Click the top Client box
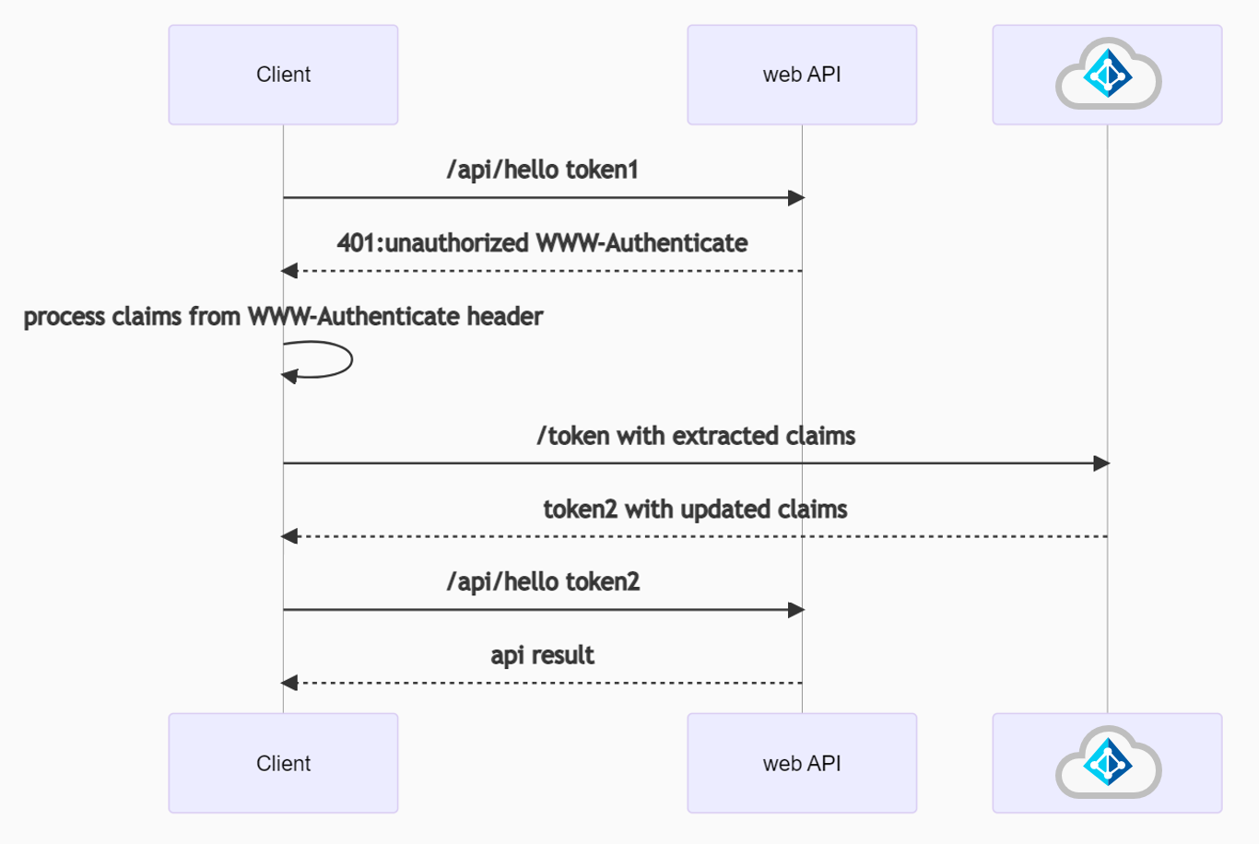coord(283,75)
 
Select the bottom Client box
coord(283,763)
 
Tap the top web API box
coord(802,75)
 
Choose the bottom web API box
coord(802,763)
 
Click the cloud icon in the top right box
coord(1108,74)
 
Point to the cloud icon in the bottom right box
coord(1108,762)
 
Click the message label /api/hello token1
coord(542,170)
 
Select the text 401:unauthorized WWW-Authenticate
coord(542,243)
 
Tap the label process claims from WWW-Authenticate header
coord(283,317)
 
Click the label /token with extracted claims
coord(696,436)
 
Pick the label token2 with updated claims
coord(695,510)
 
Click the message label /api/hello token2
coord(542,582)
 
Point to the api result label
coord(542,655)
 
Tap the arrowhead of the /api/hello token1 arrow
coord(796,197)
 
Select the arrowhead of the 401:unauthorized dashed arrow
coord(289,271)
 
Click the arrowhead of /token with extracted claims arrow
coord(1101,463)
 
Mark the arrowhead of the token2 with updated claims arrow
coord(289,536)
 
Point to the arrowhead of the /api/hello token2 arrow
coord(796,610)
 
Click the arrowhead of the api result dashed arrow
coord(289,683)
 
